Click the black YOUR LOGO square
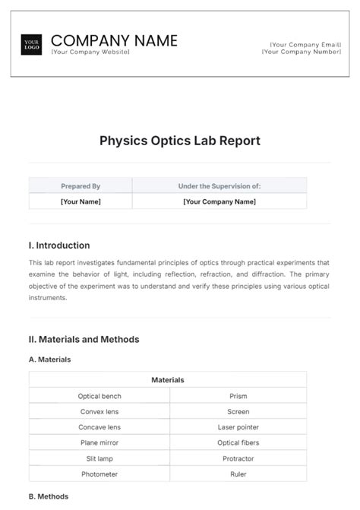(x=32, y=44)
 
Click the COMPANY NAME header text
(x=114, y=40)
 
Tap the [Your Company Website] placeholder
(x=90, y=52)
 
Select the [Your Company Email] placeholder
(x=301, y=44)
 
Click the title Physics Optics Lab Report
(x=180, y=141)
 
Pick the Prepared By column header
(x=81, y=185)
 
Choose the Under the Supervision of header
(x=219, y=185)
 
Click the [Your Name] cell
(x=81, y=201)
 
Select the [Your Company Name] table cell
(x=219, y=201)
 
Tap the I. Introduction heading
(x=59, y=245)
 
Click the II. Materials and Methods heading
(x=84, y=340)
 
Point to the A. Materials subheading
(x=50, y=360)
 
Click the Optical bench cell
(x=99, y=396)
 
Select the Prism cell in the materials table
(x=238, y=396)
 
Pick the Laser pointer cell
(x=238, y=427)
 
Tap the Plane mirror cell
(x=99, y=442)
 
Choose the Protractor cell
(x=238, y=458)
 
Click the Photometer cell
(x=99, y=474)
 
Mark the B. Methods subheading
(x=49, y=496)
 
